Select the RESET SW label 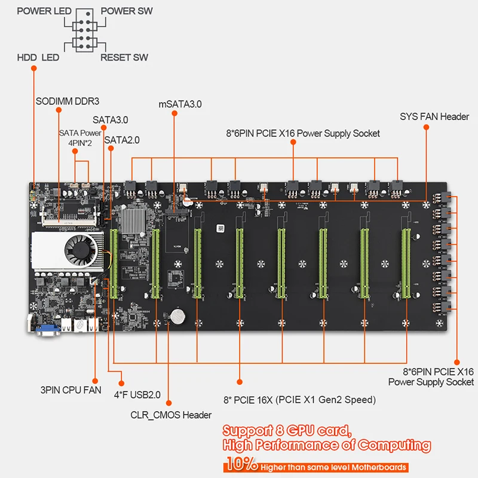124,57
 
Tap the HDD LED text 38,57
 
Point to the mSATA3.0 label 180,103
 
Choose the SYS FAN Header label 434,117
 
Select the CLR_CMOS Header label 170,414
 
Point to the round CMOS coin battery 177,315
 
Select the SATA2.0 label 122,140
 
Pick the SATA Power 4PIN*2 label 80,138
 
